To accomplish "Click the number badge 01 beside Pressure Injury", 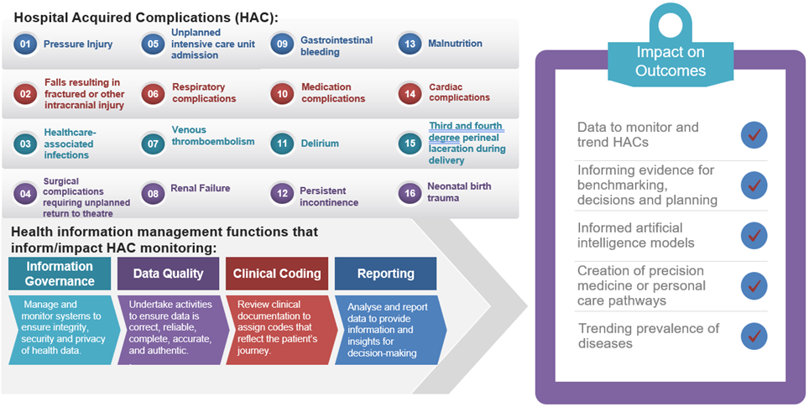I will [x=25, y=44].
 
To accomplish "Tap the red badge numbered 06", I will [x=153, y=93].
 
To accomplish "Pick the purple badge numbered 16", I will [x=410, y=192].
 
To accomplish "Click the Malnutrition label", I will [x=455, y=44].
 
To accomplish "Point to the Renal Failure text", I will [x=200, y=188].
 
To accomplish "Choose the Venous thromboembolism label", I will [x=212, y=136].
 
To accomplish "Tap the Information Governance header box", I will [x=59, y=274].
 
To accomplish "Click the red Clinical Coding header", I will [x=276, y=274].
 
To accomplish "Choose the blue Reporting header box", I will [x=385, y=274].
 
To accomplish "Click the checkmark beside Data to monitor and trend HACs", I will [x=754, y=134].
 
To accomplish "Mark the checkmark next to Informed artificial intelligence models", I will [x=754, y=236].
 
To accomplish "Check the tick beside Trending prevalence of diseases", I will [x=754, y=336].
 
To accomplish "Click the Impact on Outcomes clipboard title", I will [x=671, y=62].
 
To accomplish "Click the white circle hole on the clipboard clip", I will [x=671, y=25].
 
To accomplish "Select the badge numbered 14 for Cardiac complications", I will [x=410, y=93].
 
